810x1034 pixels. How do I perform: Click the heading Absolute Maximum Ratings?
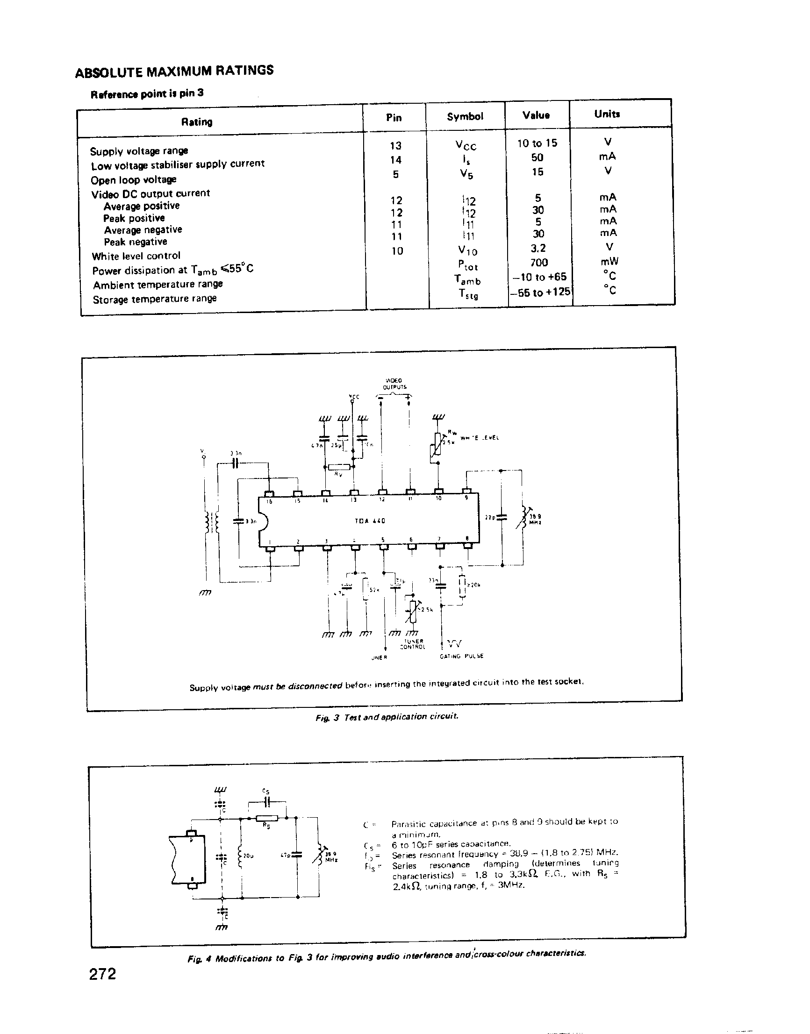pos(174,71)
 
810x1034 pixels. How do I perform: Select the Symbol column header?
pos(465,117)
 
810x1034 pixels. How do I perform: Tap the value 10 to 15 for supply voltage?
pos(537,143)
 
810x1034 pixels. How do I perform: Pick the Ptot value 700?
pos(539,262)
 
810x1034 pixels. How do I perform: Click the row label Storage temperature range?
pos(155,299)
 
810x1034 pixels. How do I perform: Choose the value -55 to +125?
pos(540,292)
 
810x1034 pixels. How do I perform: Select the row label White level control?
pos(136,256)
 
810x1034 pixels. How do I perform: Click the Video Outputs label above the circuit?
pos(394,384)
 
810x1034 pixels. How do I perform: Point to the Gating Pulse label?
pos(461,656)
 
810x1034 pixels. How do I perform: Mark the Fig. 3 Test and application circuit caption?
pos(387,717)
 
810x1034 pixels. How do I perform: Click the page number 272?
pos(102,974)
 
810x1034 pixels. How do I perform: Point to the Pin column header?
pos(394,118)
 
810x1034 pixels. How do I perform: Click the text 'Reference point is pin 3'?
pos(147,93)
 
